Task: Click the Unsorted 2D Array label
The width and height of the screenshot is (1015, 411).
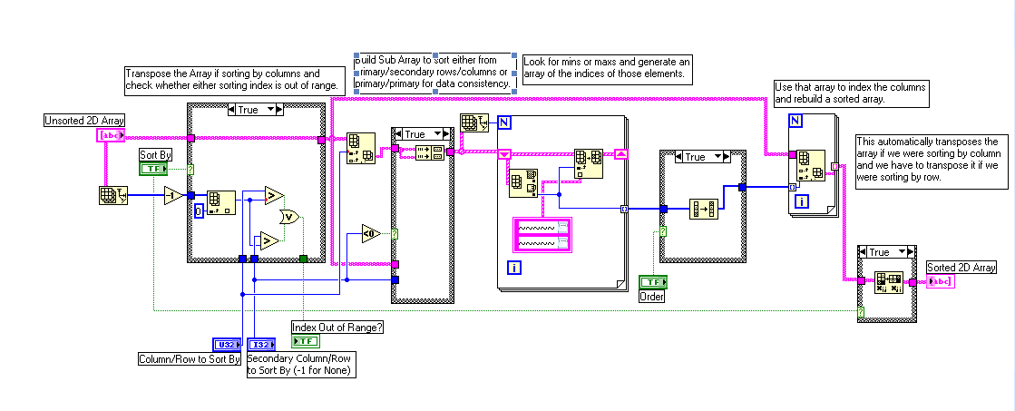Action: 84,121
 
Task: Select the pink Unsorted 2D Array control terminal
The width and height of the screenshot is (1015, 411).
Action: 110,136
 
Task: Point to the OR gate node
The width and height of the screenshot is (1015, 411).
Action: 289,217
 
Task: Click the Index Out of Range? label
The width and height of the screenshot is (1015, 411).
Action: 337,327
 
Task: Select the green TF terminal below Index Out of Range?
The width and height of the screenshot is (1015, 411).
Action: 306,341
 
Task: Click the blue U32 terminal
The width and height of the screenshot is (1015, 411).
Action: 226,344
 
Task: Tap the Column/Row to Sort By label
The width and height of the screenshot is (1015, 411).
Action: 190,359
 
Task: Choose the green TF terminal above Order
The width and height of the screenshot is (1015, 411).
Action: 652,282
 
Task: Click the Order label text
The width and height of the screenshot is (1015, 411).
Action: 652,296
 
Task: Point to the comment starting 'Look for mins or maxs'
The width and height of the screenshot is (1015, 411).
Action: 606,68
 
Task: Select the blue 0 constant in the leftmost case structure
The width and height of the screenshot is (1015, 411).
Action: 199,210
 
